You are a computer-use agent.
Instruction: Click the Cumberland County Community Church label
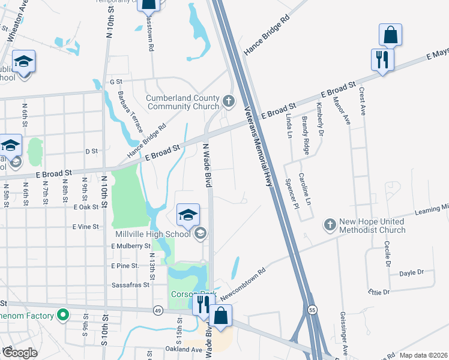[x=183, y=102]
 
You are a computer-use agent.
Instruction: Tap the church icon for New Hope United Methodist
[x=330, y=225]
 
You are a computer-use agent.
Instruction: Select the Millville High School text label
[x=152, y=233]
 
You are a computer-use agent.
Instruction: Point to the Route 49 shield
[x=157, y=310]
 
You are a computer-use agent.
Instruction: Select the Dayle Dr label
[x=412, y=272]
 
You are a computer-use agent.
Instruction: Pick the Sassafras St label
[x=130, y=285]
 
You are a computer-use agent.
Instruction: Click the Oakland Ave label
[x=184, y=349]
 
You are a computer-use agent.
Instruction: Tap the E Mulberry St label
[x=130, y=246]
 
